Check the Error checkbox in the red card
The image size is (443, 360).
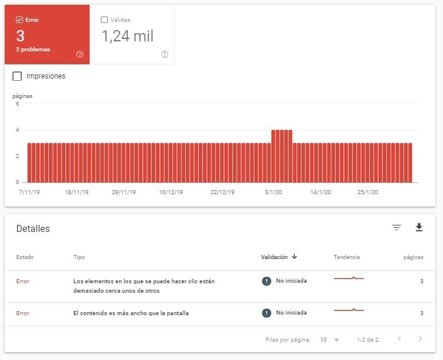coord(19,20)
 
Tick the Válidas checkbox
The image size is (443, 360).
coord(104,20)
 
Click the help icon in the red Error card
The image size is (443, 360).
coord(80,54)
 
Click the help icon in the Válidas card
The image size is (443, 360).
coord(165,54)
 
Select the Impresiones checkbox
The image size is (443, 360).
coord(17,76)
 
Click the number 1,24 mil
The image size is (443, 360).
coord(127,37)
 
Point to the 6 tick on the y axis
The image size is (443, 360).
coord(17,104)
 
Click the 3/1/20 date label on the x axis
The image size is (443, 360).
coord(273,192)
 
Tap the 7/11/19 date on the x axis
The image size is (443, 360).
coord(29,192)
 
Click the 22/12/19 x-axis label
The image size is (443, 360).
coord(222,192)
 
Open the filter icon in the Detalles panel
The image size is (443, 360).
coord(396,228)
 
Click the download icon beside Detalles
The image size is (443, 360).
coord(419,228)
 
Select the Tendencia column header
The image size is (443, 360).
coord(346,257)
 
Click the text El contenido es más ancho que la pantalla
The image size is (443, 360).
coord(130,313)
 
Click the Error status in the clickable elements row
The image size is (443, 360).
coord(22,282)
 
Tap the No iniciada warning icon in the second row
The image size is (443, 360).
coord(267,313)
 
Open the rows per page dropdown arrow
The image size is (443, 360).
coord(336,341)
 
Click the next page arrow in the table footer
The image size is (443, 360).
coord(420,339)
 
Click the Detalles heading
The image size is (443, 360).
coord(33,229)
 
